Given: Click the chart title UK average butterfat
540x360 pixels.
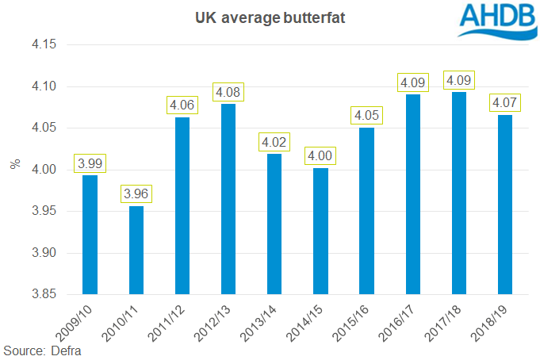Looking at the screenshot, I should click(270, 17).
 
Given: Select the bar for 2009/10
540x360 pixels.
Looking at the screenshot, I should click(90, 235).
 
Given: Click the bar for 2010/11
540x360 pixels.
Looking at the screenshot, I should click(136, 250).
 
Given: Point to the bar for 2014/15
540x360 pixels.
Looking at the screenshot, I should click(320, 231).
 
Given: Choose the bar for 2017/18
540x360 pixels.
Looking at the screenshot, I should click(459, 193).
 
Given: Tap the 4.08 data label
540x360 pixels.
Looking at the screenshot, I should click(228, 92).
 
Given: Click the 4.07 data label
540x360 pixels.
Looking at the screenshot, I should click(505, 103).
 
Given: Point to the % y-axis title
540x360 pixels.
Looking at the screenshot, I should click(13, 165).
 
